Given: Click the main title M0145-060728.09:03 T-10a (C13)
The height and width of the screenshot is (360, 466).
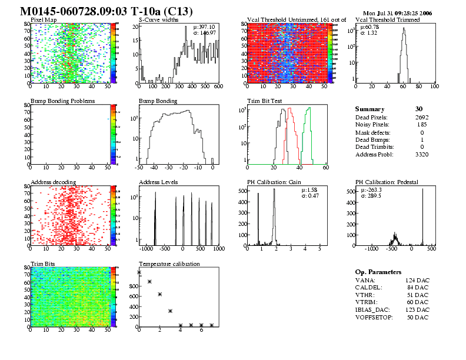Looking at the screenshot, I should (x=106, y=12).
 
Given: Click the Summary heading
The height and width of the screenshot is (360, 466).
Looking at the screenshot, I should (x=370, y=109).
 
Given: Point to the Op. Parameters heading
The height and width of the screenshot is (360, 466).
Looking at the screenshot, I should (x=378, y=272).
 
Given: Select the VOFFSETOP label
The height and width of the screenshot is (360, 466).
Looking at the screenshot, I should (x=374, y=317).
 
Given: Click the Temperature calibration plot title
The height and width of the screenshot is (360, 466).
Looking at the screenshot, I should (x=169, y=264).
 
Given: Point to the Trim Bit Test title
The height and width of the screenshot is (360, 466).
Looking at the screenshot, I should (x=264, y=101).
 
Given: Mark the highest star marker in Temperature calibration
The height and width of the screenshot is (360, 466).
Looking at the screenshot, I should (x=139, y=272).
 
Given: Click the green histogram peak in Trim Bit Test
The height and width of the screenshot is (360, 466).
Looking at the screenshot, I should (x=308, y=108).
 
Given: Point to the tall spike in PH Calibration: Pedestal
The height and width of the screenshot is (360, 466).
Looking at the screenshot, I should (x=422, y=189).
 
